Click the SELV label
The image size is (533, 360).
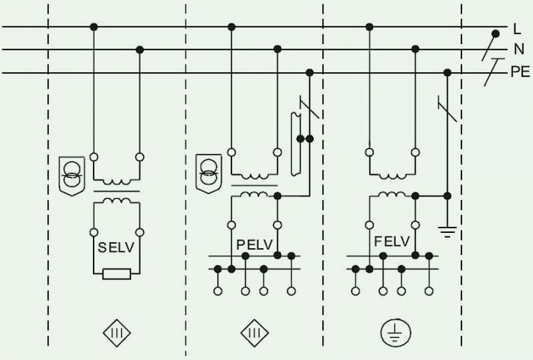coord(116,247)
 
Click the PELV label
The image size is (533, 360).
coord(254,244)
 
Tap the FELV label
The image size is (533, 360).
coord(392,241)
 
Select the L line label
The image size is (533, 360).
coord(517,29)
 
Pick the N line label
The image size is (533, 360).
coord(519,49)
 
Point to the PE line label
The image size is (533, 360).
coord(520,72)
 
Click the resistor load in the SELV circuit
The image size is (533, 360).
coord(116,274)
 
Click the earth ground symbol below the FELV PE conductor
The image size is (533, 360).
coord(448,231)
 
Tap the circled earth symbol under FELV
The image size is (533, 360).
coord(395,333)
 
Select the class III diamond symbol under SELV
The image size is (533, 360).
coord(116,333)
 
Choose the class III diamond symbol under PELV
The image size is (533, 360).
coord(254,333)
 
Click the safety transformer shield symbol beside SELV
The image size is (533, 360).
coord(72,176)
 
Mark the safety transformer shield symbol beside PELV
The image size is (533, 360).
coord(209,174)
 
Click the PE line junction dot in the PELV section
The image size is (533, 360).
coord(309,72)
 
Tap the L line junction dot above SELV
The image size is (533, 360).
coord(94,27)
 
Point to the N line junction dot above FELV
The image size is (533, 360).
coord(415,49)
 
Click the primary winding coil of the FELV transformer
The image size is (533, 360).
coord(392,177)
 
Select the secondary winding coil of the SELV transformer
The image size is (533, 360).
coord(116,200)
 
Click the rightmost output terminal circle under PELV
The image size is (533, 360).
coord(292,291)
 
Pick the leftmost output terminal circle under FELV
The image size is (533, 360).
coord(356,291)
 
